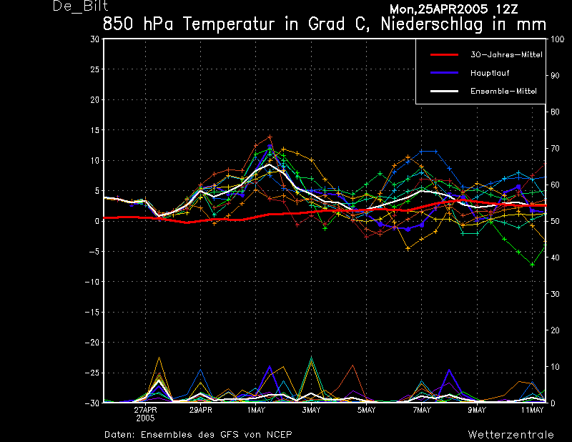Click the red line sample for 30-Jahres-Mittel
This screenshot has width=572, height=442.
pyautogui.click(x=444, y=55)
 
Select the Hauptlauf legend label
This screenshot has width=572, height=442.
pyautogui.click(x=490, y=73)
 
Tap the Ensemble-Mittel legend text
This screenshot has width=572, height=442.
pyautogui.click(x=503, y=92)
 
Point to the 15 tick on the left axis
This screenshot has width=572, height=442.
pyautogui.click(x=95, y=130)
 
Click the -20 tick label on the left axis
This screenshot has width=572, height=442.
pyautogui.click(x=92, y=343)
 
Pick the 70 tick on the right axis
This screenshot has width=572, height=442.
pyautogui.click(x=555, y=148)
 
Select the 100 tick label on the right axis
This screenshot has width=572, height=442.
pyautogui.click(x=557, y=39)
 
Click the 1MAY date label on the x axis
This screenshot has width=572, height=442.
pyautogui.click(x=256, y=410)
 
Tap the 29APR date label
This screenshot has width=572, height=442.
pyautogui.click(x=200, y=410)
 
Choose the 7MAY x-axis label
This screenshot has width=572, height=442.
pyautogui.click(x=422, y=410)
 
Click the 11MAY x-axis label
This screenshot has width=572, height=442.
pyautogui.click(x=532, y=410)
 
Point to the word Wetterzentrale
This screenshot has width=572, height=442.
pyautogui.click(x=511, y=435)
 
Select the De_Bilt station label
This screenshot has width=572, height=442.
pyautogui.click(x=80, y=6)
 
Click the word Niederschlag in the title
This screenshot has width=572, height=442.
pyautogui.click(x=432, y=24)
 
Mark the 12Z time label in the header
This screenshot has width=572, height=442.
pyautogui.click(x=507, y=9)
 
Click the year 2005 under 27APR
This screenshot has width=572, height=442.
pyautogui.click(x=145, y=418)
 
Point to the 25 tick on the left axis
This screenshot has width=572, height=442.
pyautogui.click(x=95, y=69)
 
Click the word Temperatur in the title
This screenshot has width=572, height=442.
pyautogui.click(x=228, y=24)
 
